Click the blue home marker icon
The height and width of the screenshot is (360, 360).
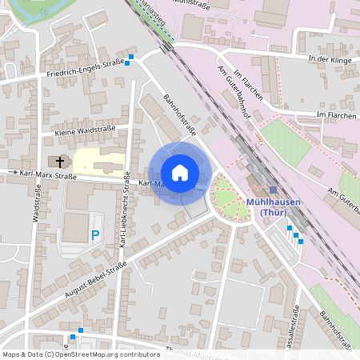click(180, 173)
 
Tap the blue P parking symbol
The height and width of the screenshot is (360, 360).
click(95, 235)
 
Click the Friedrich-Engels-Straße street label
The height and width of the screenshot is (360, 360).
click(85, 69)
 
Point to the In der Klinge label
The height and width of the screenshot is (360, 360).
click(329, 58)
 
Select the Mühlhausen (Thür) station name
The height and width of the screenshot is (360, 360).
click(274, 206)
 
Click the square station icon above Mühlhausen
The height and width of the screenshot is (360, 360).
click(272, 190)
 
